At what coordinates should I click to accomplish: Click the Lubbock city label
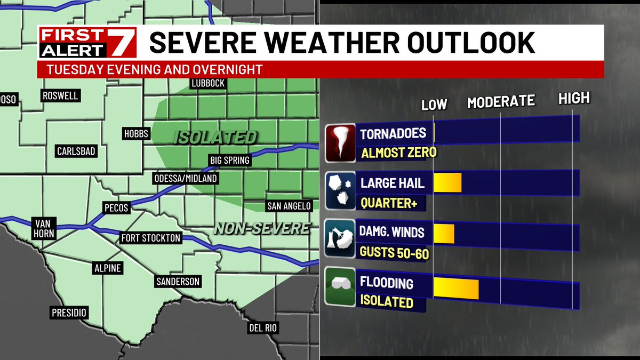tap(208, 84)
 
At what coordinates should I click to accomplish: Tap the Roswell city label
tap(61, 96)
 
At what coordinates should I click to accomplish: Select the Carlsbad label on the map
tap(76, 151)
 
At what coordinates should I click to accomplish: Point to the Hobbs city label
tap(135, 134)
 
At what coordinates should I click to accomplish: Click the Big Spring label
tap(229, 161)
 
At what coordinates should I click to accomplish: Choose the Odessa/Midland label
tap(185, 178)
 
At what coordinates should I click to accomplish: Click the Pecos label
tap(116, 208)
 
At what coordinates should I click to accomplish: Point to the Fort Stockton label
tap(151, 238)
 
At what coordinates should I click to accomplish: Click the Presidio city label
tap(69, 313)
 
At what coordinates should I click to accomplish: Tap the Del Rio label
tap(263, 327)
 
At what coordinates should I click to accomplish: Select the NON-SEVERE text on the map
tap(262, 229)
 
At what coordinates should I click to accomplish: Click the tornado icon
tap(340, 142)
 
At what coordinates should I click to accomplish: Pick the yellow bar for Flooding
tap(456, 288)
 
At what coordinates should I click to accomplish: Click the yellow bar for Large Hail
tap(447, 183)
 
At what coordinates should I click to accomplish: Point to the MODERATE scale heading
tap(500, 101)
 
